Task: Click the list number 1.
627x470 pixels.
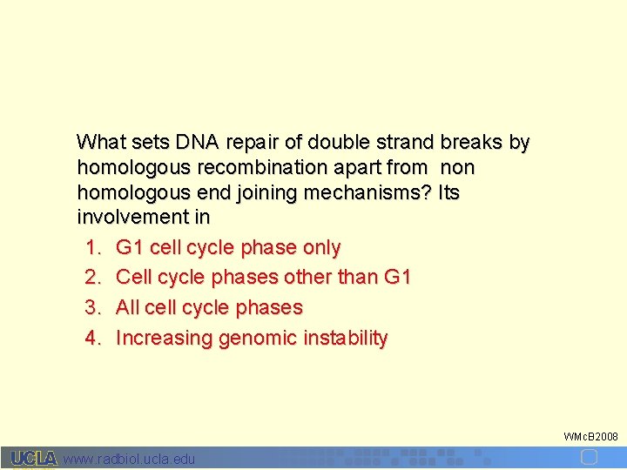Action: (x=93, y=248)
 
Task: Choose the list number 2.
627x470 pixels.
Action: (x=93, y=278)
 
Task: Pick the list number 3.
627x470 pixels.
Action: (x=93, y=308)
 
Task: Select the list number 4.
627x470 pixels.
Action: (x=93, y=338)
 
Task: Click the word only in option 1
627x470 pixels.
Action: (x=321, y=248)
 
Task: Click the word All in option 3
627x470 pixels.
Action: (x=129, y=308)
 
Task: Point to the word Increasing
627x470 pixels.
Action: (x=164, y=338)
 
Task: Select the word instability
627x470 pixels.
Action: (x=345, y=338)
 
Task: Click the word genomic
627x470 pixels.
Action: (x=258, y=338)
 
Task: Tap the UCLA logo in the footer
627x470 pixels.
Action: (x=33, y=458)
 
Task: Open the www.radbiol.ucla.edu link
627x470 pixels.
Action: (x=130, y=459)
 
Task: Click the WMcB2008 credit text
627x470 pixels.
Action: (x=590, y=435)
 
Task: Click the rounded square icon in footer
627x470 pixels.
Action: (x=589, y=458)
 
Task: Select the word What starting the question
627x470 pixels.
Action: (x=101, y=142)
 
